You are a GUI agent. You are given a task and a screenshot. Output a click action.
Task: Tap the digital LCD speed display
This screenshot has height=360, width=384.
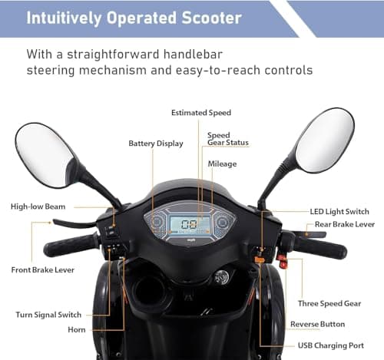coord(187,224)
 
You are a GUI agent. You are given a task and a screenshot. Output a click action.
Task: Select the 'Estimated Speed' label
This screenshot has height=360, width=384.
coord(200,113)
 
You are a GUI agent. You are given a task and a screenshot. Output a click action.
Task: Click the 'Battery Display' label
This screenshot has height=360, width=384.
coord(156,143)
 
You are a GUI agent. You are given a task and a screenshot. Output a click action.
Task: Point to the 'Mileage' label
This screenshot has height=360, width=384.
coord(222,164)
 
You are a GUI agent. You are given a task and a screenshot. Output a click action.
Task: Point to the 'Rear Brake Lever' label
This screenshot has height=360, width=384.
coord(345,225)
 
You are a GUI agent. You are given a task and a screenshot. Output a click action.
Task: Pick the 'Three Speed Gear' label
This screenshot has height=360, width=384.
coord(330,303)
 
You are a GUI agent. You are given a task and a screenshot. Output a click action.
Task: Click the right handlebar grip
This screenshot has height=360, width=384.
coord(319,248)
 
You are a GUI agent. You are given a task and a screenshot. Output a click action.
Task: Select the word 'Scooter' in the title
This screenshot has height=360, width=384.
coord(208,18)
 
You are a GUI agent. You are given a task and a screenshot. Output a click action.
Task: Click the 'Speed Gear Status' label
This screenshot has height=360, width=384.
coord(227,138)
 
